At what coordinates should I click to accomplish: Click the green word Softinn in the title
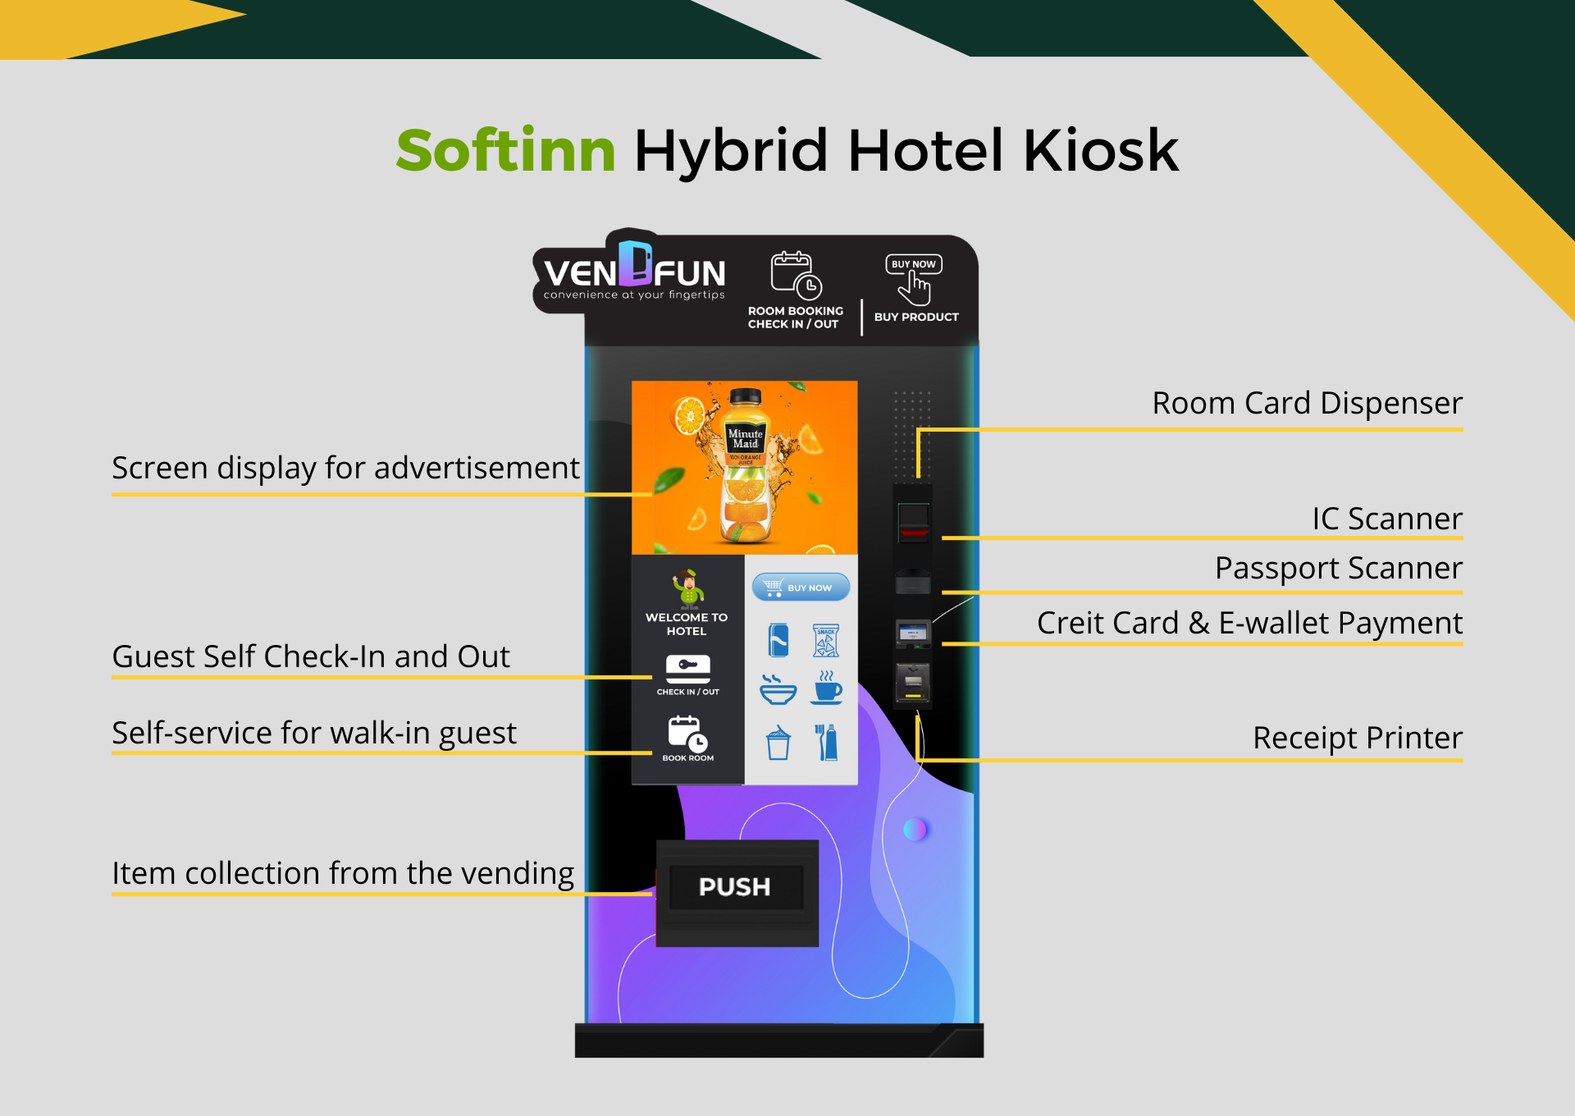[505, 151]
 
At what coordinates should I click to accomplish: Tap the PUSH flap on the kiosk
[735, 887]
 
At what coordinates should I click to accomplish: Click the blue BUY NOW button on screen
[801, 587]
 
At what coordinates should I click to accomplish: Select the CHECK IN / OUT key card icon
[687, 669]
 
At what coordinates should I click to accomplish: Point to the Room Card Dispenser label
[1307, 404]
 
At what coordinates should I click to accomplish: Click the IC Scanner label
[1387, 519]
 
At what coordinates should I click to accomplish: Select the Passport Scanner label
[1339, 568]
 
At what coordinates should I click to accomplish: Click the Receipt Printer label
[1358, 738]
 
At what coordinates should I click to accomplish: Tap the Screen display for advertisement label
[345, 468]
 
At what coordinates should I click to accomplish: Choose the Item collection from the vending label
[343, 873]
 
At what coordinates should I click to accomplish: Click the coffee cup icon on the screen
[826, 688]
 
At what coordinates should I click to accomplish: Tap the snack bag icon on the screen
[826, 641]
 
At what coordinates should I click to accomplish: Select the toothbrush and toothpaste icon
[826, 742]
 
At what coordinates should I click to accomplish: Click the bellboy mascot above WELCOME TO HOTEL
[688, 588]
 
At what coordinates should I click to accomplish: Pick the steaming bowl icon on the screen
[777, 689]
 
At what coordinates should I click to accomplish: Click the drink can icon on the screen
[778, 640]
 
